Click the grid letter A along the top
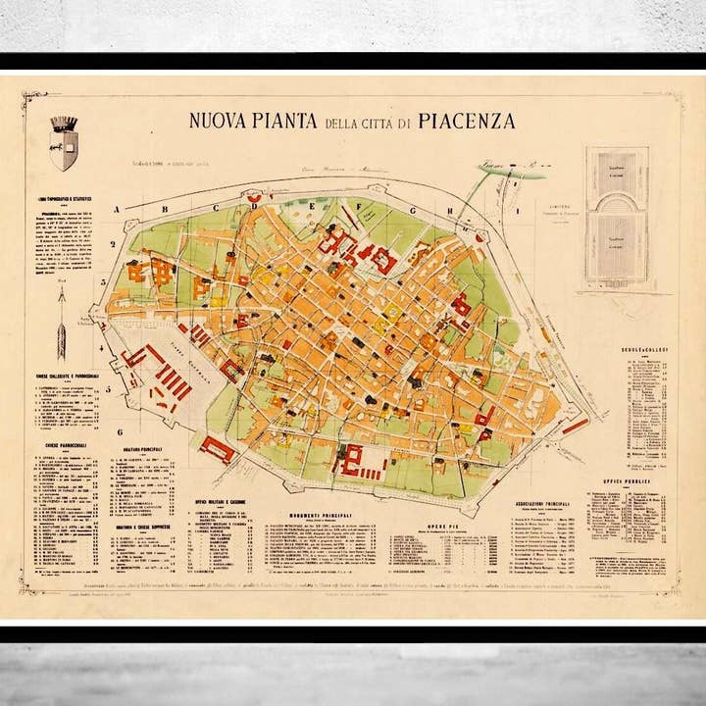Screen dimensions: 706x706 117,209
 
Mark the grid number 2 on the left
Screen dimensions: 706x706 114,244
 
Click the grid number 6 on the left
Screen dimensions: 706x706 118,431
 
